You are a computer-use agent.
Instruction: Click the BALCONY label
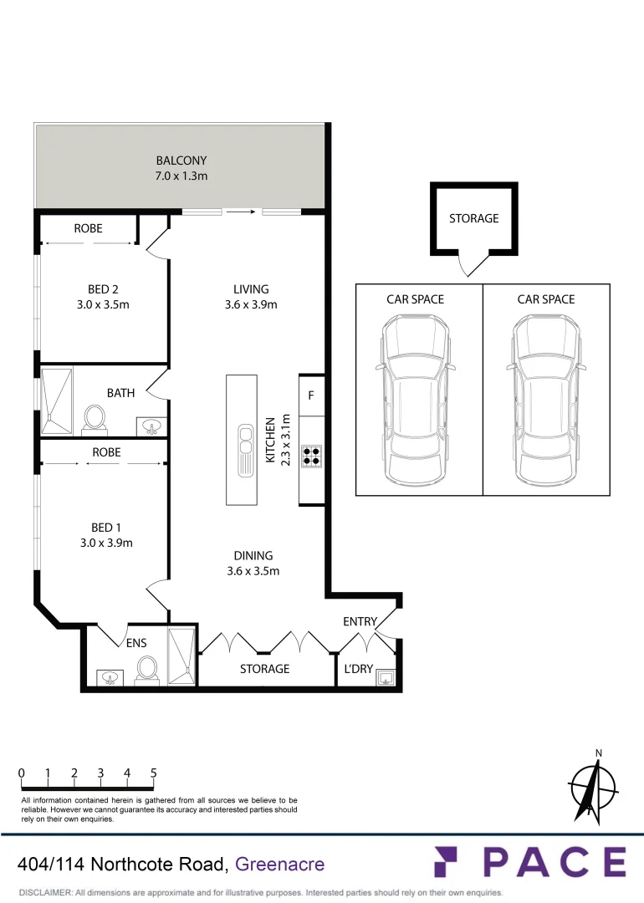[x=181, y=161]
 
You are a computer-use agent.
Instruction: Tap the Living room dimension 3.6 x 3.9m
[x=251, y=304]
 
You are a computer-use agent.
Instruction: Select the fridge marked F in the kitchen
[x=311, y=395]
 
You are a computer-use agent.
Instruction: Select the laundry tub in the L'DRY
[x=386, y=676]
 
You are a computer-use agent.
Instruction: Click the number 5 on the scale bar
[x=154, y=773]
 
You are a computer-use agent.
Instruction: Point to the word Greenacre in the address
[x=280, y=864]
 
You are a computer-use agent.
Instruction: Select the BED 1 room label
[x=106, y=528]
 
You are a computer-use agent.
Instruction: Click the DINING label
[x=253, y=555]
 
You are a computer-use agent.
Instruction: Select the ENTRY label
[x=360, y=621]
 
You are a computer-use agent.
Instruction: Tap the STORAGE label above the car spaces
[x=473, y=218]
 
